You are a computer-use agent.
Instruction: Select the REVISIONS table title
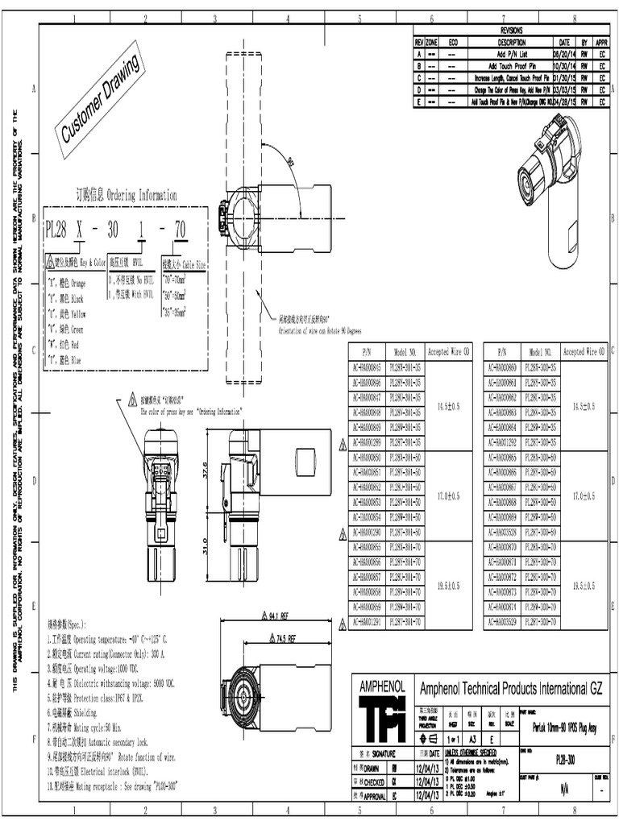click(x=511, y=30)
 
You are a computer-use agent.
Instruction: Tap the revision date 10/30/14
click(x=563, y=65)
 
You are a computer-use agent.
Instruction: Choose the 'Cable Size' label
click(x=185, y=263)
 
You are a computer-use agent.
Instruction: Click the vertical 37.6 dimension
click(x=205, y=470)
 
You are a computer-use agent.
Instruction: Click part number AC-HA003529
click(x=502, y=623)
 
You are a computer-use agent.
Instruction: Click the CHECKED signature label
click(x=372, y=781)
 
